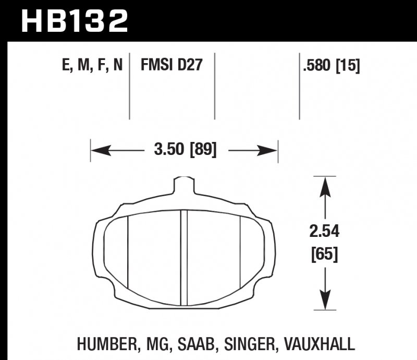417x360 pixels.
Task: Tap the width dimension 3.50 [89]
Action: click(185, 151)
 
